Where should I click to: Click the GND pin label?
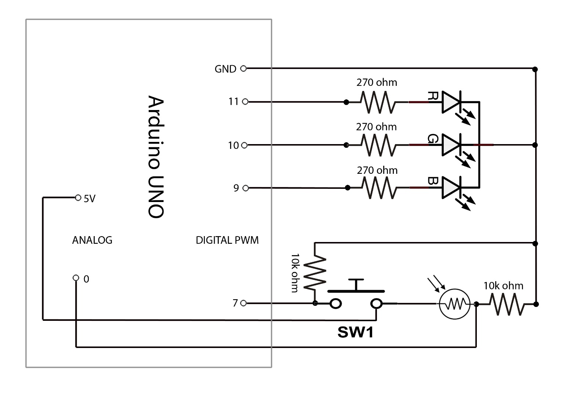[225, 69]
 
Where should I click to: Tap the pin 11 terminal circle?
[245, 102]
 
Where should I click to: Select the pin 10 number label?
[233, 146]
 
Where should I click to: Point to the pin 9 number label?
[236, 188]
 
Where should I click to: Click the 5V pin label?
[90, 199]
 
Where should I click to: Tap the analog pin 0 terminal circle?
[76, 278]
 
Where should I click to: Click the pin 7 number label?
[235, 303]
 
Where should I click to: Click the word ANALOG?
[92, 240]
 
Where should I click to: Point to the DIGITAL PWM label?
[227, 240]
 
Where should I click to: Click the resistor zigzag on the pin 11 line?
[378, 102]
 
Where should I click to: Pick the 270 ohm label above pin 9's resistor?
[377, 170]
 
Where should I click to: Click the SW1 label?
[355, 332]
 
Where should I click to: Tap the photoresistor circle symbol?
[454, 304]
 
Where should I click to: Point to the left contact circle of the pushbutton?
[336, 304]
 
